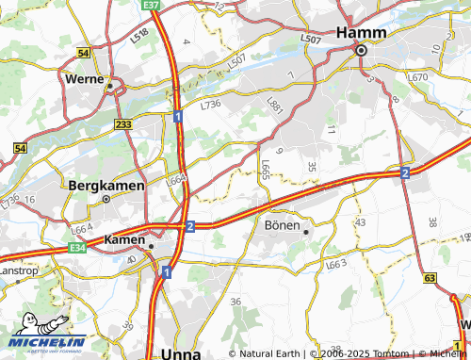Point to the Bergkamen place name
[x=106, y=186]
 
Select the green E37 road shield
[x=152, y=5]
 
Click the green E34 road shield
[x=76, y=248]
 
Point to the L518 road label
[x=141, y=35]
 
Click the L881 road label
[x=275, y=106]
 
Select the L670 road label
[x=419, y=77]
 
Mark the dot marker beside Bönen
[x=305, y=227]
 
